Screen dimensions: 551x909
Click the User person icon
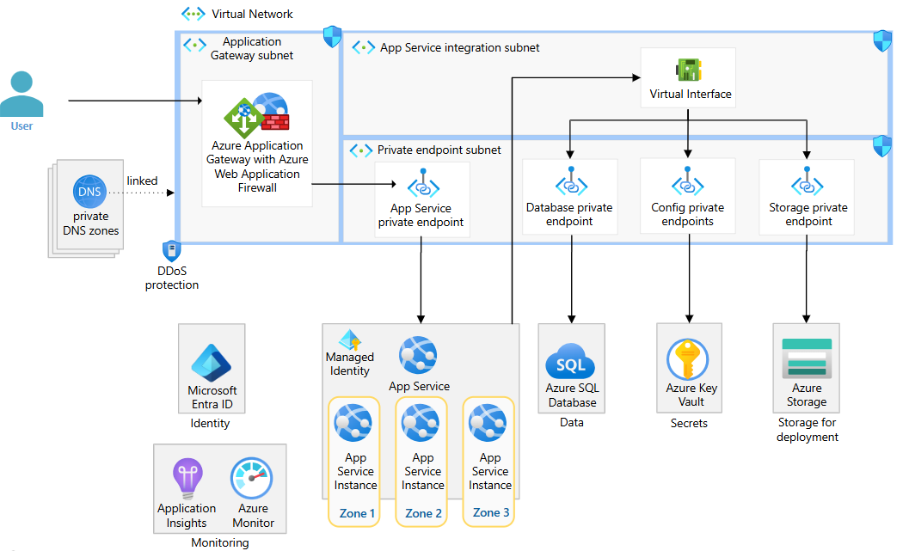coord(21,94)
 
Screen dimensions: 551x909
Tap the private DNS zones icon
coord(90,191)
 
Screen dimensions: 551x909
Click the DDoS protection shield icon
coord(171,251)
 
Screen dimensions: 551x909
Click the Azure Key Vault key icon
coord(688,359)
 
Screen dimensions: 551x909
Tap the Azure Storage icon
coord(807,358)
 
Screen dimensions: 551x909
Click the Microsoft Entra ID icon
coord(212,362)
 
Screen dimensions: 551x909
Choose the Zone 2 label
coord(423,513)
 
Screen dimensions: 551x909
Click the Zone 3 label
coord(490,512)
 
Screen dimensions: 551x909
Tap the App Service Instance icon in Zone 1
coord(353,423)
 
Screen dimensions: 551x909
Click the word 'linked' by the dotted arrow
coord(142,181)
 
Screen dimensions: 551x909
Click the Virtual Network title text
coord(252,14)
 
